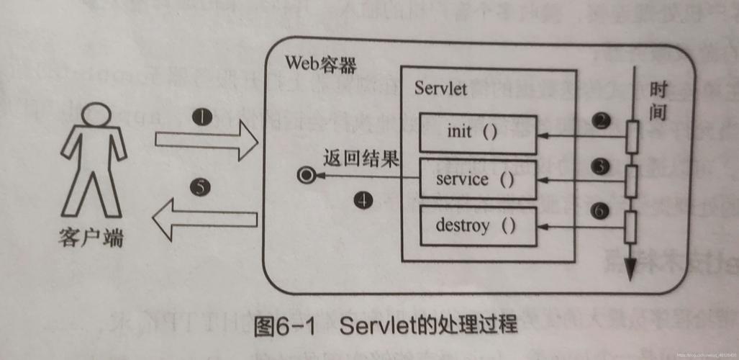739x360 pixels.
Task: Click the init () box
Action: [478, 133]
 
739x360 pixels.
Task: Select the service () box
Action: [478, 179]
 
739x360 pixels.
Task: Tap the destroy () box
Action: [478, 226]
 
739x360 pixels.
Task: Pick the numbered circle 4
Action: [364, 201]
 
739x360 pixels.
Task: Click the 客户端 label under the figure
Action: [91, 238]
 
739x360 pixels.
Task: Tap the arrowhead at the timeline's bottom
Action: [631, 271]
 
